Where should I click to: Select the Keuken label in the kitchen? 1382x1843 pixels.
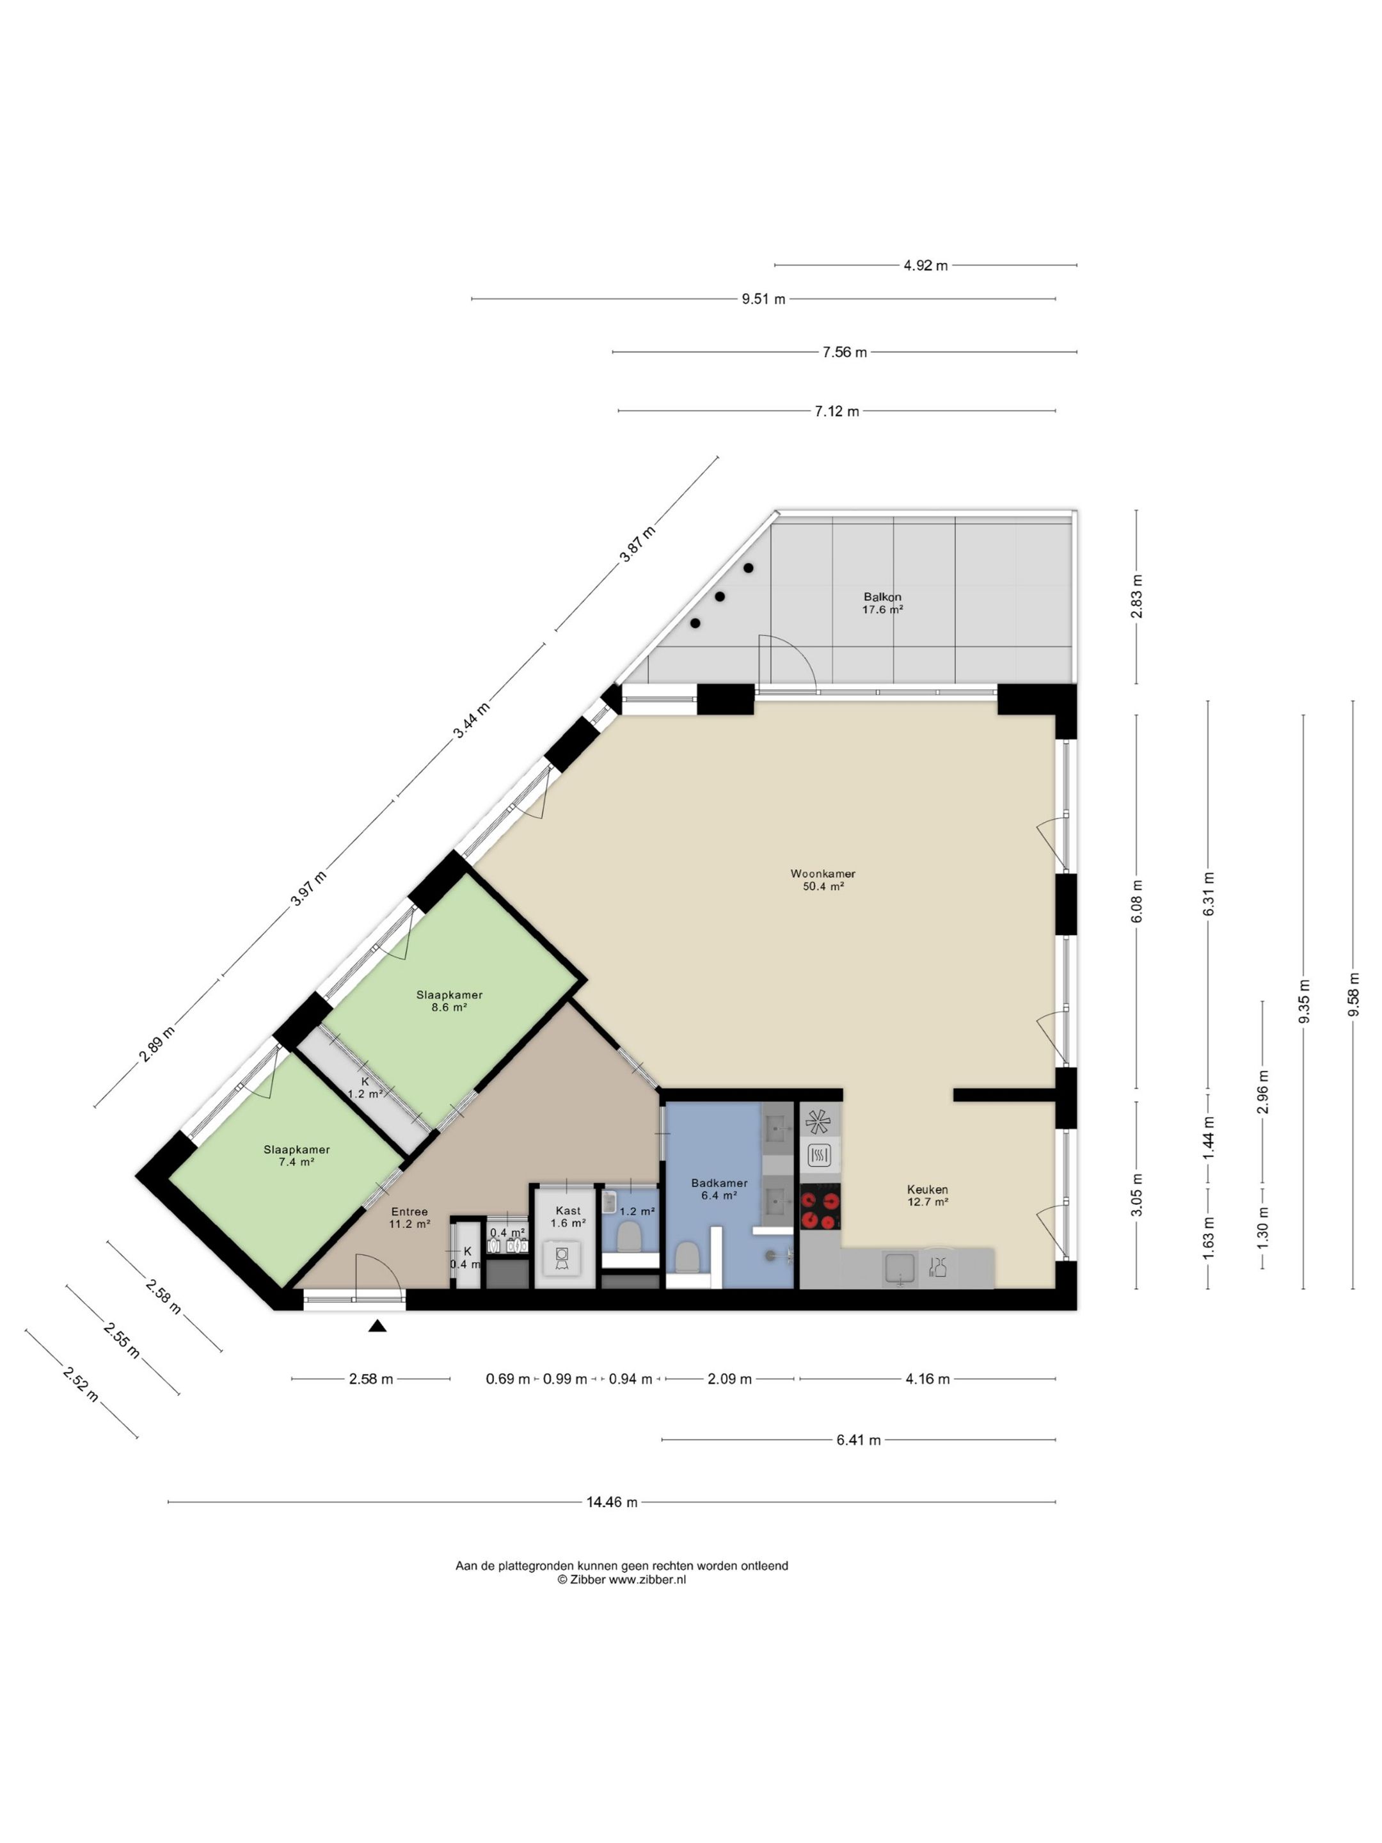click(x=927, y=1190)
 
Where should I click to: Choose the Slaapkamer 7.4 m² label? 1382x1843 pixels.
click(x=297, y=1156)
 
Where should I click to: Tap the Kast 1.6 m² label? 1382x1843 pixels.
click(x=568, y=1217)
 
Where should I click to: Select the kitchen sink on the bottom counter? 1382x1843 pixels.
click(x=900, y=1268)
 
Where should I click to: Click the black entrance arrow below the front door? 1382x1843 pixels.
click(x=377, y=1325)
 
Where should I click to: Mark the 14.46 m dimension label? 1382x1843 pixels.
click(x=612, y=1502)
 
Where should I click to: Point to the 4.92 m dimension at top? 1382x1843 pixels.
click(x=926, y=266)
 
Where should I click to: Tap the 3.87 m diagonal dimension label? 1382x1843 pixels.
click(x=637, y=544)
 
